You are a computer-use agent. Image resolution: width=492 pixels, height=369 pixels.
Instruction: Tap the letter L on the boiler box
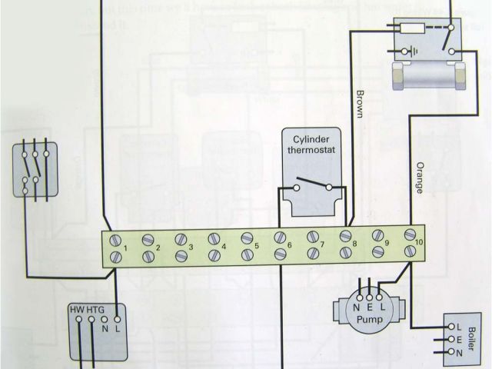click(x=458, y=326)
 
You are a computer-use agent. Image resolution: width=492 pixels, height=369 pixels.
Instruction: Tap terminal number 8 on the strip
click(x=355, y=244)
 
